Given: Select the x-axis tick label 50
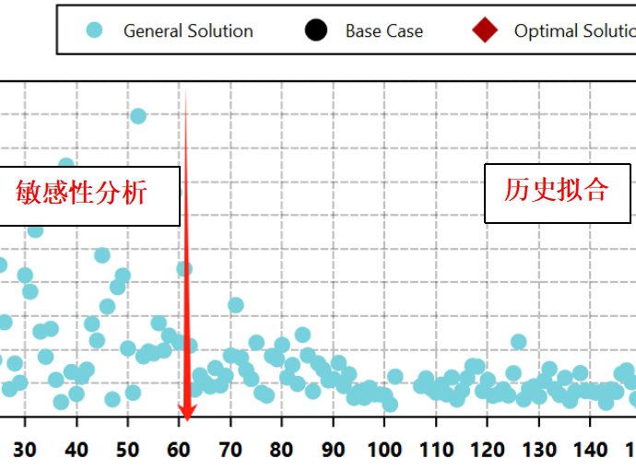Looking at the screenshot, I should pos(127,450).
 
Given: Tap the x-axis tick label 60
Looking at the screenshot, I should pos(179,450).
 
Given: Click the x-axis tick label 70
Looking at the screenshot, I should pos(230,450).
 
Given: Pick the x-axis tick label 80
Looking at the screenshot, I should pos(281,450).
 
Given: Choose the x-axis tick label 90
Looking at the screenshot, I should pos(333,450).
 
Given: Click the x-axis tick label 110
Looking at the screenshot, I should pos(435,450).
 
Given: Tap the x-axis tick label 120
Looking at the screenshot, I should pos(487,450).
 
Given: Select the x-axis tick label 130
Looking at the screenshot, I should pos(538,450).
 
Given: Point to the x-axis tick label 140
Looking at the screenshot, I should pos(590,450).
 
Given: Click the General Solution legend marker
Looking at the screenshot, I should pos(94,30).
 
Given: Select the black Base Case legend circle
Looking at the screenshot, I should pos(315,30).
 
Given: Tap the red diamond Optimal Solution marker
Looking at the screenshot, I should pos(485,30).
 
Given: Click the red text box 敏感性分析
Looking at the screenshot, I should pos(82,194).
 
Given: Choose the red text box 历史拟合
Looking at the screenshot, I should pos(556,191).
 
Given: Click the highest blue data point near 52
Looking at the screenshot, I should pos(138,115).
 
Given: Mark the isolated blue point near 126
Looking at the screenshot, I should pos(518,342).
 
